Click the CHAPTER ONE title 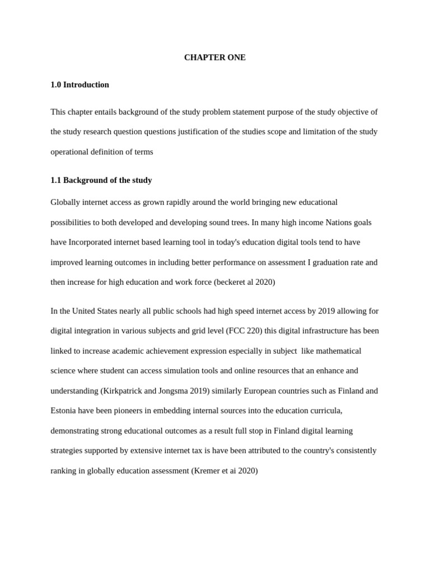(x=214, y=58)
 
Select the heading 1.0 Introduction (x=80, y=84)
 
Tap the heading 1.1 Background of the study (x=101, y=180)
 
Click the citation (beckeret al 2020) (x=244, y=282)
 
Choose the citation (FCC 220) (x=244, y=331)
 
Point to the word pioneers (x=130, y=411)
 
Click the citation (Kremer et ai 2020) (x=225, y=471)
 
